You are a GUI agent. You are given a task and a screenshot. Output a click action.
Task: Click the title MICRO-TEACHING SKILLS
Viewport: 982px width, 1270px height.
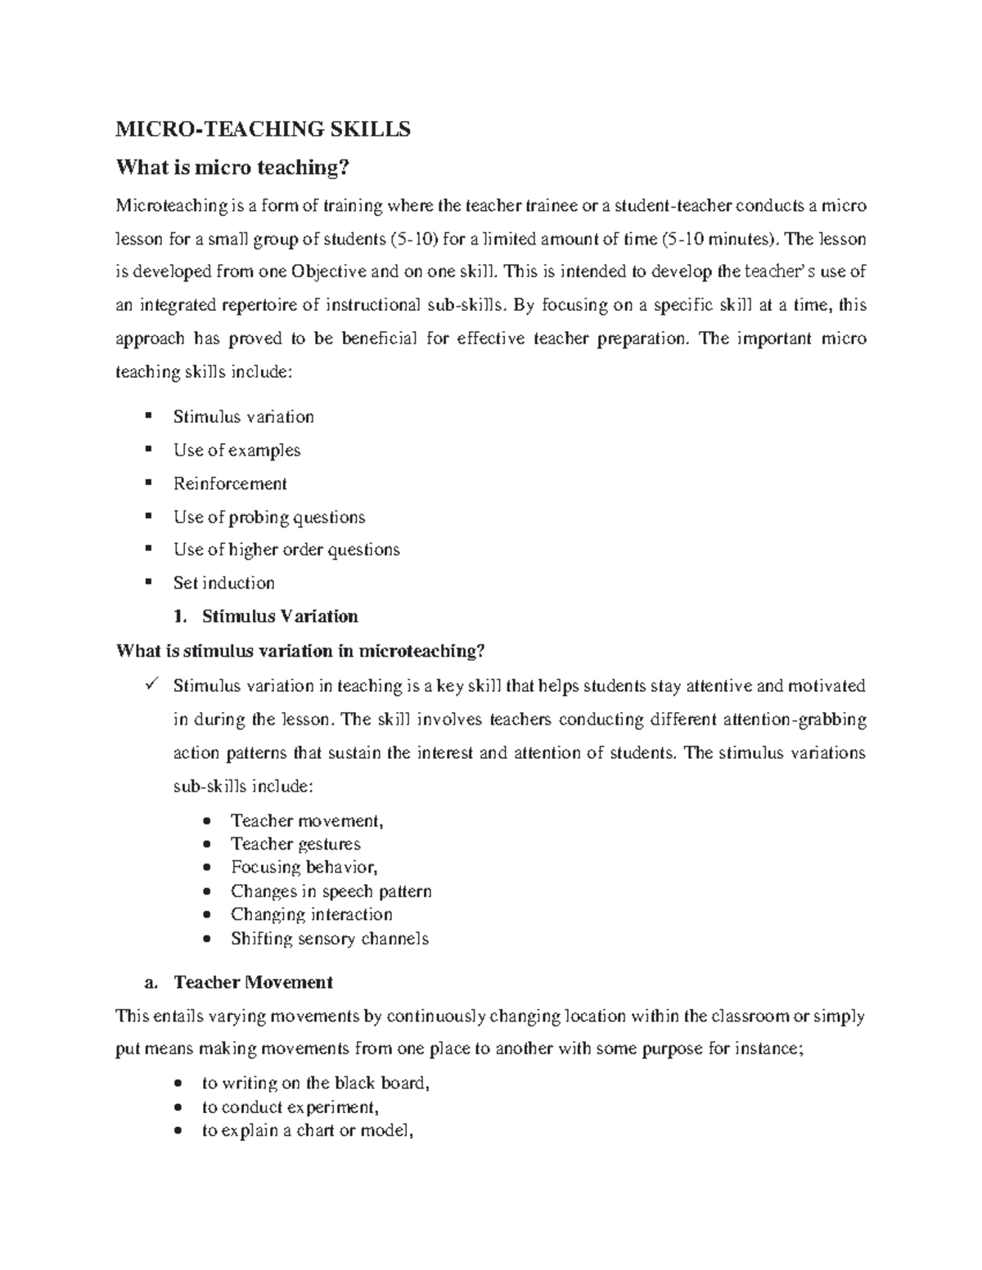click(263, 129)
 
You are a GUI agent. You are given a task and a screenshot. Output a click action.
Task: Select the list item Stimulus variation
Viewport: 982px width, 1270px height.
click(243, 417)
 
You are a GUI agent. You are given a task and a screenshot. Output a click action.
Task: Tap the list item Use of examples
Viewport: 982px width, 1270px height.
click(236, 451)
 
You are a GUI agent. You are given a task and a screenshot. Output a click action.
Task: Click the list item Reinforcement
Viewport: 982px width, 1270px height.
click(230, 484)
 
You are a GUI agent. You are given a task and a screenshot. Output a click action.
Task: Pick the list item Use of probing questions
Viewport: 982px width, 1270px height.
click(268, 518)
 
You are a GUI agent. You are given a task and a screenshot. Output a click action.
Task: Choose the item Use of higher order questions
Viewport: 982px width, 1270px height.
click(286, 550)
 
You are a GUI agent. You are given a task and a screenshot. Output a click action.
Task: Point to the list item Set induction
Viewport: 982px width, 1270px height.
click(223, 583)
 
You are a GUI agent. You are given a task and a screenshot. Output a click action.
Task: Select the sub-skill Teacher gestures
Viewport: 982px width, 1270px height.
click(295, 844)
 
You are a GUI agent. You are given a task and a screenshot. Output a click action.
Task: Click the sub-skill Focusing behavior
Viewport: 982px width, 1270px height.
click(304, 867)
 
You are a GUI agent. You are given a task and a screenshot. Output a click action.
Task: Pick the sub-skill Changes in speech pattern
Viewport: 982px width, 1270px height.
click(331, 891)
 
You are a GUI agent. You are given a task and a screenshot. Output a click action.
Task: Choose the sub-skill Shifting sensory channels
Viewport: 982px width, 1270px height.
click(329, 939)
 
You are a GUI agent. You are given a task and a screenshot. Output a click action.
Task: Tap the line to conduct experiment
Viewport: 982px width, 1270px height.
click(290, 1108)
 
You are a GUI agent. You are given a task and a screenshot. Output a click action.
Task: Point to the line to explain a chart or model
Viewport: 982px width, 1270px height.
click(304, 1133)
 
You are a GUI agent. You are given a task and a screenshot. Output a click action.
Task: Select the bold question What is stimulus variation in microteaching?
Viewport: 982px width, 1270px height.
click(301, 651)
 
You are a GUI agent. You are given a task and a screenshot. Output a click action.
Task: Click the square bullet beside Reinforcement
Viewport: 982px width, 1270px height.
click(147, 482)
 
